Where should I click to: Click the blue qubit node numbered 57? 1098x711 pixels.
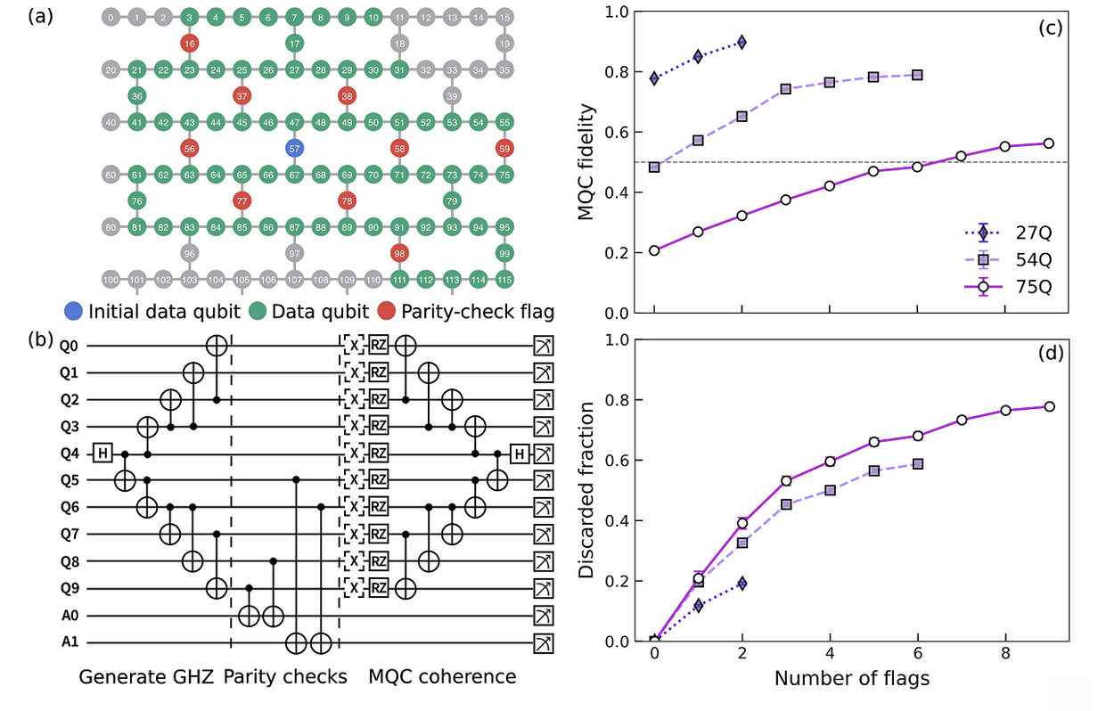294,148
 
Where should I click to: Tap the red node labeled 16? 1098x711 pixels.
188,44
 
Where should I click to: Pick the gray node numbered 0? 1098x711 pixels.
110,17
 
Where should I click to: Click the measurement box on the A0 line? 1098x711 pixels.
541,616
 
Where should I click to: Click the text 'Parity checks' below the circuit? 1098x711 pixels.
285,676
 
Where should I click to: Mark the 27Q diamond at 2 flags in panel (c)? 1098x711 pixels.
742,42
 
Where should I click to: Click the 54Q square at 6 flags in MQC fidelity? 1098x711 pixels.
917,75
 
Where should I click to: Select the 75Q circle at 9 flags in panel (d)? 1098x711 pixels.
1049,406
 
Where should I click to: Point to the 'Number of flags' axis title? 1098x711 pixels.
851,679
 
